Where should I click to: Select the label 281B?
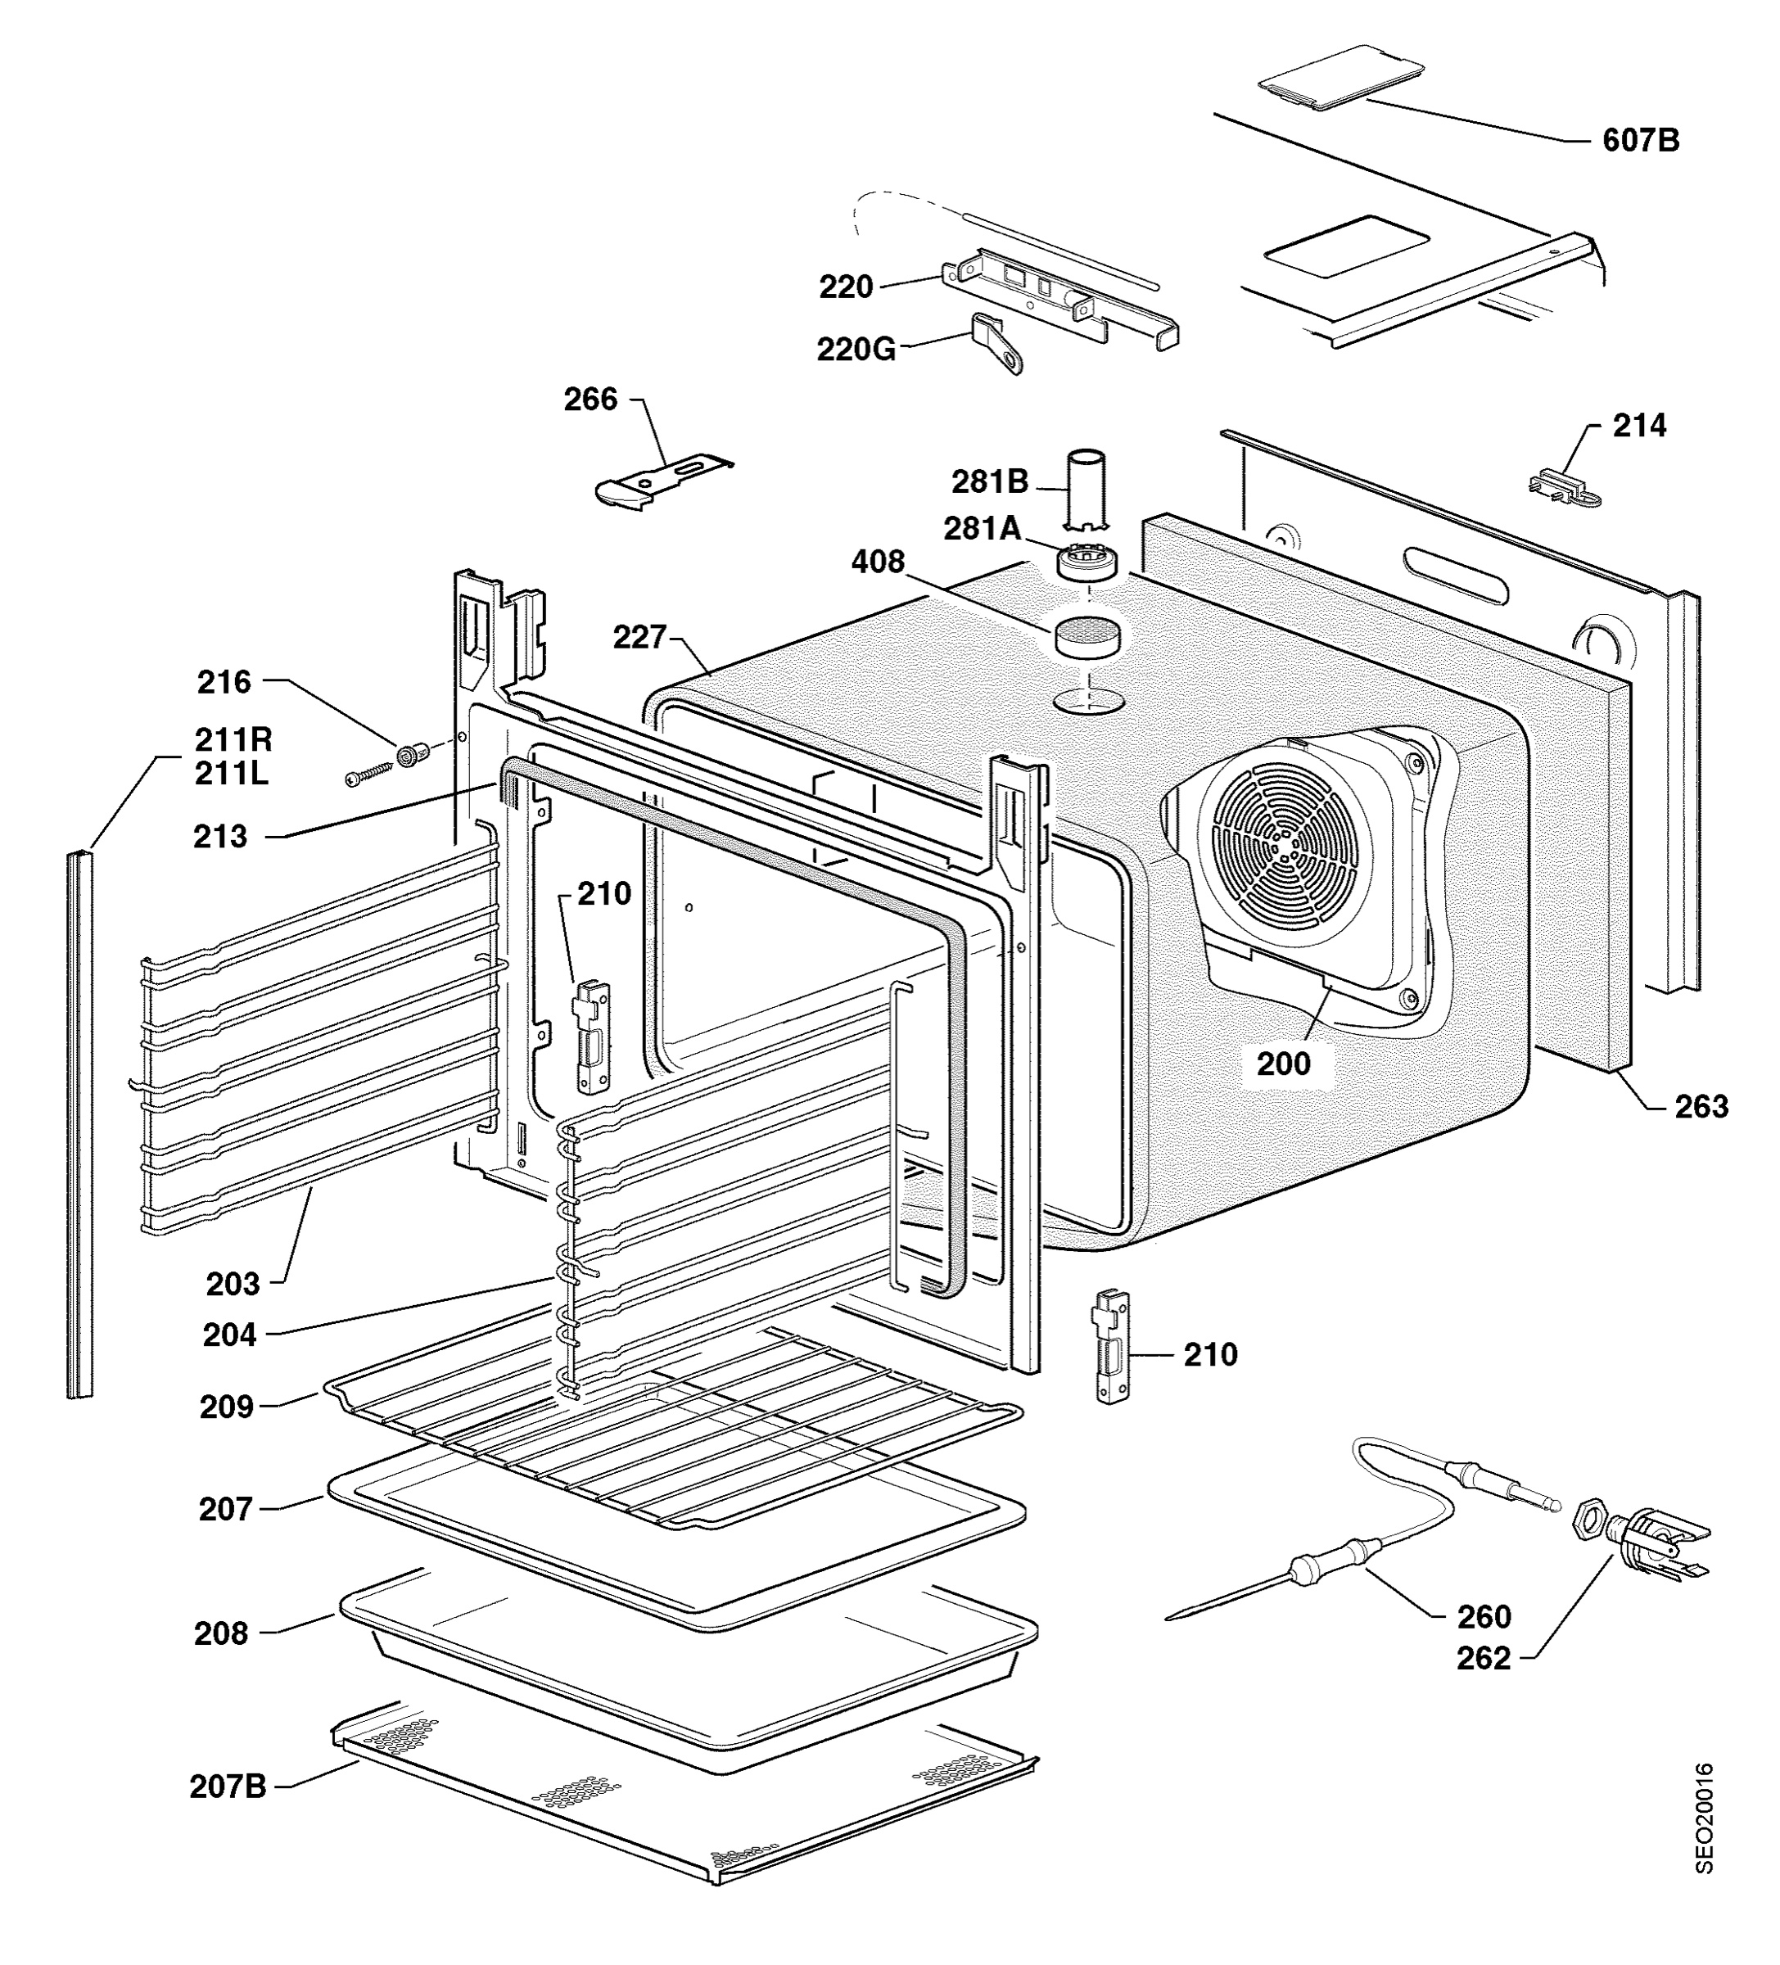pos(989,481)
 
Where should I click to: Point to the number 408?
pos(878,562)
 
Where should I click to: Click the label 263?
pos(1701,1106)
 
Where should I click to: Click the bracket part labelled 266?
pos(663,480)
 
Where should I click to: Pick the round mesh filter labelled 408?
pos(1085,635)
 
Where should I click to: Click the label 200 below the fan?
pos(1283,1064)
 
